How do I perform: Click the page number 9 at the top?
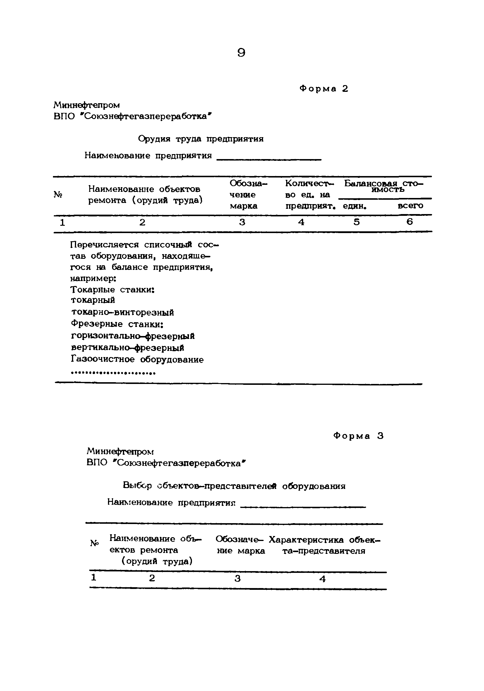(241, 53)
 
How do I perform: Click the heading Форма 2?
(324, 89)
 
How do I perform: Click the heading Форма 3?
(358, 436)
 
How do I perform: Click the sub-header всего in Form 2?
(410, 206)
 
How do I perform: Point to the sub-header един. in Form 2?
(354, 206)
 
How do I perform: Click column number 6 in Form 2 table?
(409, 222)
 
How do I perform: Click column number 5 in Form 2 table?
(357, 222)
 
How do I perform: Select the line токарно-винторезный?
(122, 312)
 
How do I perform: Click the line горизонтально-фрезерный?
(133, 336)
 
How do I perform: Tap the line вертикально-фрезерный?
(127, 348)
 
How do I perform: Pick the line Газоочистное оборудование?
(137, 359)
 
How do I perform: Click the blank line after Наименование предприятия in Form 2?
(269, 159)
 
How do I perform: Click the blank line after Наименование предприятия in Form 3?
(303, 507)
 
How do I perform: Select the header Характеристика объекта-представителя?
(324, 545)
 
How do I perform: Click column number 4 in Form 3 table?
(322, 579)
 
